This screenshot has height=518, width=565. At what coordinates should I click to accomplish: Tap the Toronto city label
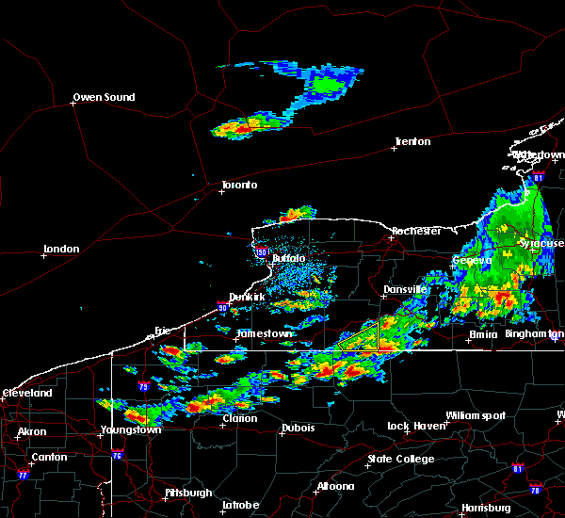(239, 185)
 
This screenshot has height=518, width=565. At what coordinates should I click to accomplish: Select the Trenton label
(412, 141)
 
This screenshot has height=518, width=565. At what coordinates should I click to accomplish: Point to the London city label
(61, 249)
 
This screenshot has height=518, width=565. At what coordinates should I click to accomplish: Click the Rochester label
(416, 231)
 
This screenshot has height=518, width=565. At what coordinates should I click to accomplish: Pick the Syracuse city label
(541, 243)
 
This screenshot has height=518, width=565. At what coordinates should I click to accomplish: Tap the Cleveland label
(26, 393)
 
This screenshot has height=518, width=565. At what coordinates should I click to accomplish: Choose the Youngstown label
(131, 429)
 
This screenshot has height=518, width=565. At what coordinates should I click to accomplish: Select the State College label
(401, 459)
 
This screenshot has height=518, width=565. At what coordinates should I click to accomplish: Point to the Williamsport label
(476, 415)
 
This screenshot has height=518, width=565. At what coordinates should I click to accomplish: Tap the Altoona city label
(335, 486)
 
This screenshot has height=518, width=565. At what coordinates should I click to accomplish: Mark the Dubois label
(298, 428)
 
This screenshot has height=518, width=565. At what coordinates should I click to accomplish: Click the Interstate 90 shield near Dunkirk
(221, 307)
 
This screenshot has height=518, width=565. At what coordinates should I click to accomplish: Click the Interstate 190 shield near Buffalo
(262, 251)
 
